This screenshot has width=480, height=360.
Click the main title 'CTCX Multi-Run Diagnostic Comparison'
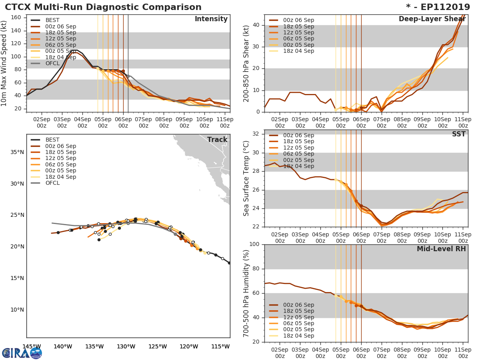point(103,7)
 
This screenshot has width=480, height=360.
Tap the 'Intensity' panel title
point(211,19)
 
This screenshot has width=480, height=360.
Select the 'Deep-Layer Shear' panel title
point(432,19)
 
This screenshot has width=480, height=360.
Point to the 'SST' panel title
point(459,134)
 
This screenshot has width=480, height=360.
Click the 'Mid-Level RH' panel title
point(441,249)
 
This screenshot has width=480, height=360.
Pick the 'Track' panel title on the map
point(217,140)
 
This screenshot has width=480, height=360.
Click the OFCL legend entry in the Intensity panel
point(52,64)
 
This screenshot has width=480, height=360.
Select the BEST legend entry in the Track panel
point(52,140)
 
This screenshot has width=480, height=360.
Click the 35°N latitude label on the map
point(17,152)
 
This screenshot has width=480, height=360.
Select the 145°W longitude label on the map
point(31,346)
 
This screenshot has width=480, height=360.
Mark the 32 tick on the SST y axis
point(256,134)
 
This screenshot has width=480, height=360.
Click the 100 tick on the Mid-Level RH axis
point(254,244)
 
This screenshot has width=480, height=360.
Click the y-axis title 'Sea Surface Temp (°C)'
point(247,178)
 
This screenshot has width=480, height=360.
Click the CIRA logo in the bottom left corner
point(22,353)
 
